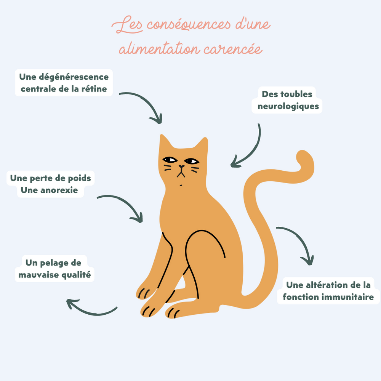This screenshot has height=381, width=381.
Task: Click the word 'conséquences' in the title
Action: click(x=189, y=25)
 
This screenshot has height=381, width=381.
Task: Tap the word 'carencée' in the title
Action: click(x=233, y=49)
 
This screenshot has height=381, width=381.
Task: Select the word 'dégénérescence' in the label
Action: click(x=74, y=77)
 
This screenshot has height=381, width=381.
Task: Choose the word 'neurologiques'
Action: click(x=288, y=106)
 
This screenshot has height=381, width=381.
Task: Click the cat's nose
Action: click(x=181, y=166)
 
